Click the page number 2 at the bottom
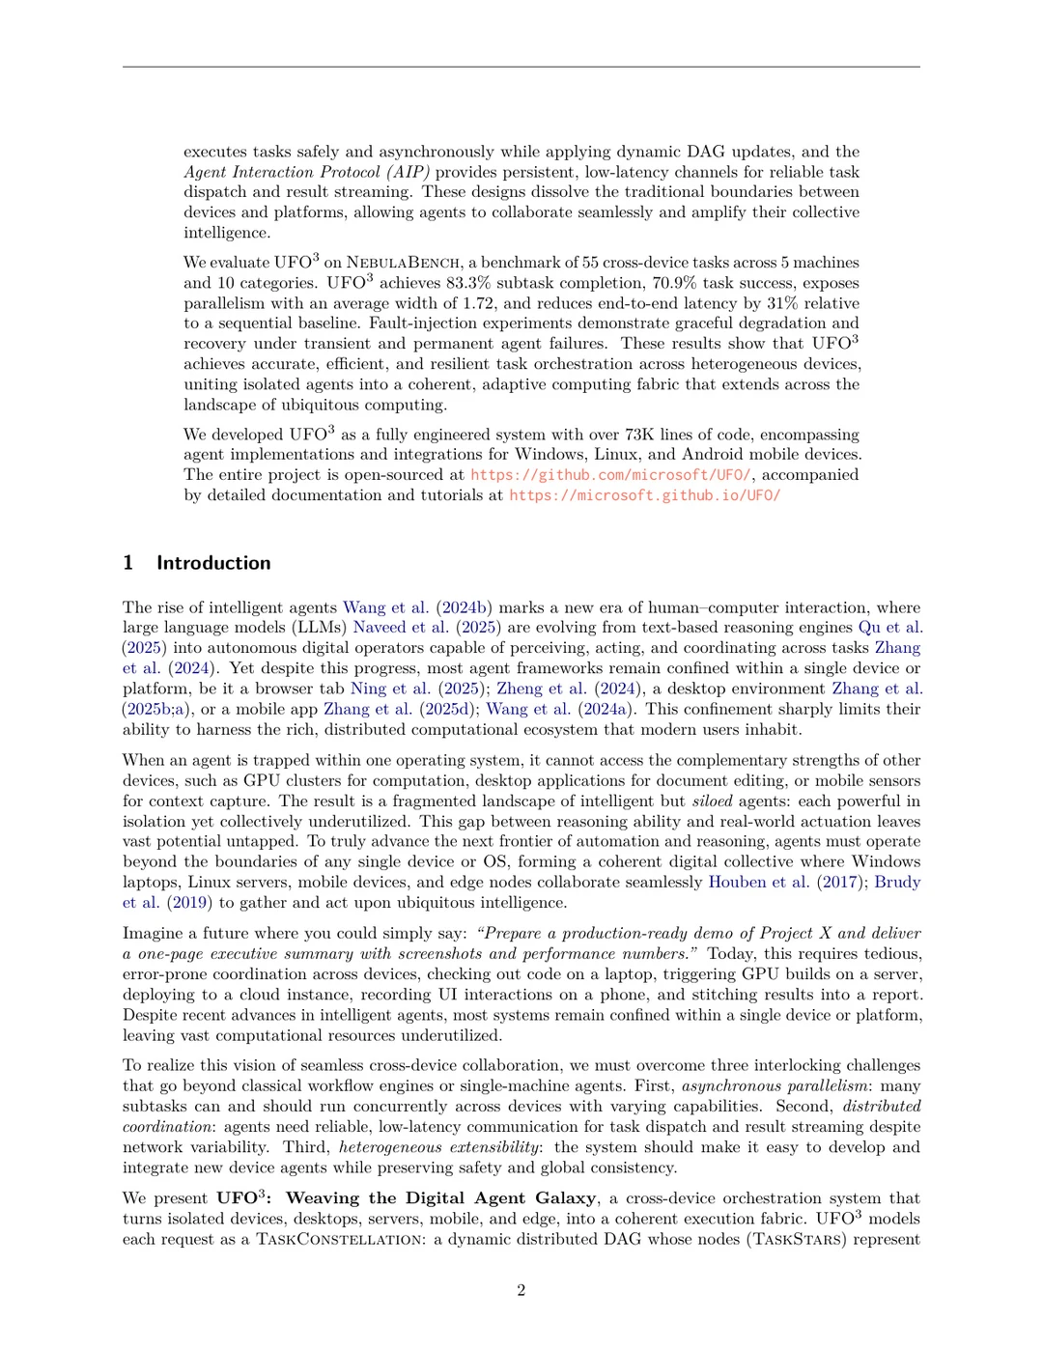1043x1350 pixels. (521, 1290)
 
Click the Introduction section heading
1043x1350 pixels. (213, 563)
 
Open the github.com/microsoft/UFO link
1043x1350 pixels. (610, 475)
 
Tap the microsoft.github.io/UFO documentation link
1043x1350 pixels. (644, 495)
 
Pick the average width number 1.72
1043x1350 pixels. (478, 303)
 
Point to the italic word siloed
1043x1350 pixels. (712, 801)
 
